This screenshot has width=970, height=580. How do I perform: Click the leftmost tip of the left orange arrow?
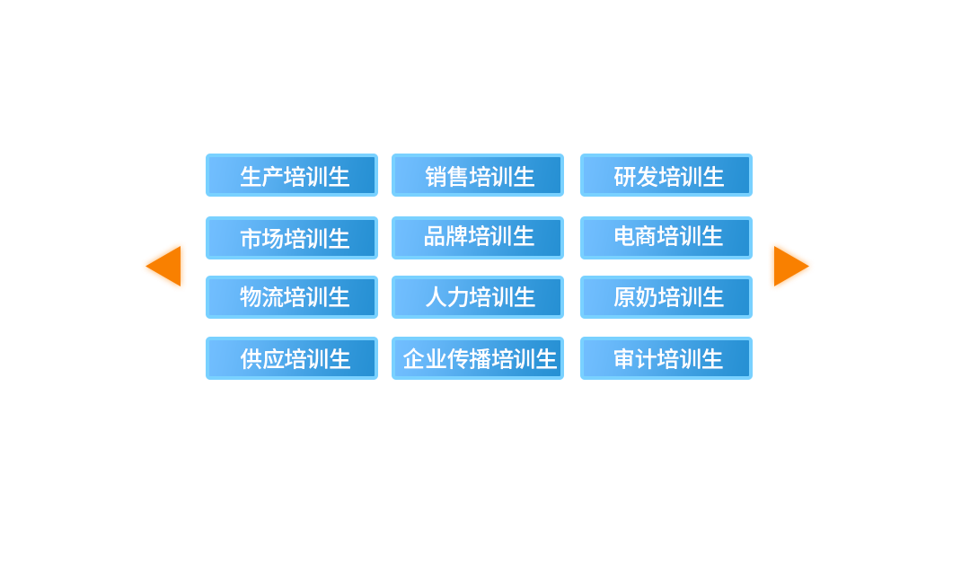pos(146,266)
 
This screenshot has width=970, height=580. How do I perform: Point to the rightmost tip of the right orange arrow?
pos(809,266)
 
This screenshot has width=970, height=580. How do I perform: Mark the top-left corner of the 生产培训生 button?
pos(206,154)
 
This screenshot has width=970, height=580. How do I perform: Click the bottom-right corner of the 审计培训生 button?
pos(753,379)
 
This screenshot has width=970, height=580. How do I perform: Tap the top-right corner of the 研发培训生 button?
pos(753,154)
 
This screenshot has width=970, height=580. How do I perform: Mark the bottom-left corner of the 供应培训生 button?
pos(206,379)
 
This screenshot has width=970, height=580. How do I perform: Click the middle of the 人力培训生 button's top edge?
pos(478,277)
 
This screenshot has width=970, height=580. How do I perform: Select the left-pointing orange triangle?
pos(163,266)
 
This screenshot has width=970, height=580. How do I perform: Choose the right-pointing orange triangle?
pos(791,266)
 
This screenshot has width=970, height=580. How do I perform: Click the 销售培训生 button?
pos(478,175)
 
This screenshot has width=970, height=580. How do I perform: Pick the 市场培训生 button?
pos(292,237)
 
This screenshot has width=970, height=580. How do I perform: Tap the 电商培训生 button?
pos(666,237)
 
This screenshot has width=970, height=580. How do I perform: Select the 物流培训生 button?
pos(292,297)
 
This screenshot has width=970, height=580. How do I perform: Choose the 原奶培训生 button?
pos(666,297)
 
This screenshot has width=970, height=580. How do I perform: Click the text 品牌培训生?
pos(480,236)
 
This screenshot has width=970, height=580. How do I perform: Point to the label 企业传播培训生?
pos(480,358)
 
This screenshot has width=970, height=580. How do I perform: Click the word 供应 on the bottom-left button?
pos(261,358)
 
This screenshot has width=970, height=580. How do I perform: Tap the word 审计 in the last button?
pos(635,358)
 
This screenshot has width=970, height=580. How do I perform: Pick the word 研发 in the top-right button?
pos(635,177)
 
